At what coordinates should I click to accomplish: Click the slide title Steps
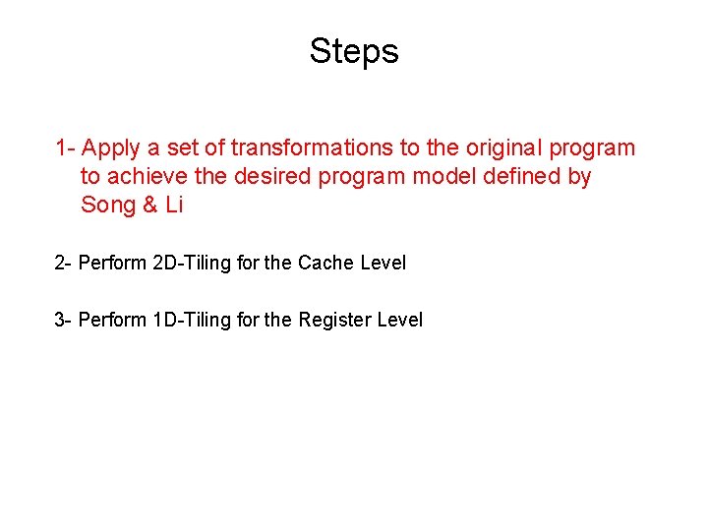point(354,50)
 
